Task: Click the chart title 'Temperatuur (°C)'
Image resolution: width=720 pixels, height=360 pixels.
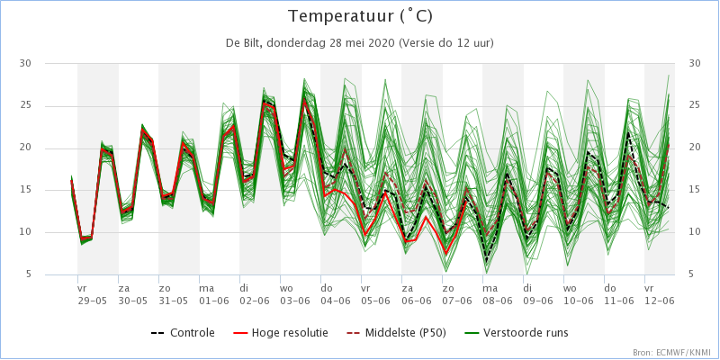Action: pyautogui.click(x=360, y=16)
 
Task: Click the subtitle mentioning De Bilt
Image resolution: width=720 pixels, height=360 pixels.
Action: pyautogui.click(x=359, y=43)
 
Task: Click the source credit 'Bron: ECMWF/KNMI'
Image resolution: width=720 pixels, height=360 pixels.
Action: pyautogui.click(x=674, y=353)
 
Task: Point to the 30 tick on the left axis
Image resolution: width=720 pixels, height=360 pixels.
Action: pyautogui.click(x=25, y=63)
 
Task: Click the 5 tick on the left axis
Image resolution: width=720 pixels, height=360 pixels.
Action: pyautogui.click(x=28, y=274)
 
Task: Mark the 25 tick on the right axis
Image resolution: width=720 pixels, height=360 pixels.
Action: pyautogui.click(x=695, y=106)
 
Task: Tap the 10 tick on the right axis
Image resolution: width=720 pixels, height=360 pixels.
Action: pyautogui.click(x=695, y=232)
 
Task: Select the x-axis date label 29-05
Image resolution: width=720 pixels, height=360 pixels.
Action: pyautogui.click(x=94, y=301)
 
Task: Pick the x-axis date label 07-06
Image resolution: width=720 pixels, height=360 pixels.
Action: pyautogui.click(x=458, y=301)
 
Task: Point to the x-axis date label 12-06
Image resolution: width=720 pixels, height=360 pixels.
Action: pyautogui.click(x=661, y=301)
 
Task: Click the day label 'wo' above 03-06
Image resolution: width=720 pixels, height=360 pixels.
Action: pyautogui.click(x=286, y=289)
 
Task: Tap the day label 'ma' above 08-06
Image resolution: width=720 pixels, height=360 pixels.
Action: pyautogui.click(x=490, y=289)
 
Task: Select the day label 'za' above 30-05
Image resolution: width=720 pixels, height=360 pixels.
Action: pyautogui.click(x=124, y=289)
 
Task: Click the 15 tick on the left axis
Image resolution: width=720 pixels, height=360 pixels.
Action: pyautogui.click(x=25, y=190)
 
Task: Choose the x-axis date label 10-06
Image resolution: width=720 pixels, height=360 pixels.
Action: pyautogui.click(x=579, y=301)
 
